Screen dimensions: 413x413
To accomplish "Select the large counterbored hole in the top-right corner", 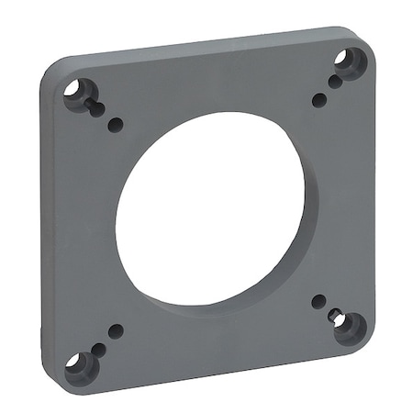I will coord(348,62).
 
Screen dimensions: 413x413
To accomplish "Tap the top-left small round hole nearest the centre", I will coord(115,125).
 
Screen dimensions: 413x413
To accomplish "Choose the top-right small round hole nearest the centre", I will coord(318,99).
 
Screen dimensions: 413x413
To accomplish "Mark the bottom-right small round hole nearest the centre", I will coord(318,300).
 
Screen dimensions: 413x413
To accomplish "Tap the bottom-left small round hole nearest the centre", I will coord(116,330).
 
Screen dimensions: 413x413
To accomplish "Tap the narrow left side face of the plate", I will coord(43,229).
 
